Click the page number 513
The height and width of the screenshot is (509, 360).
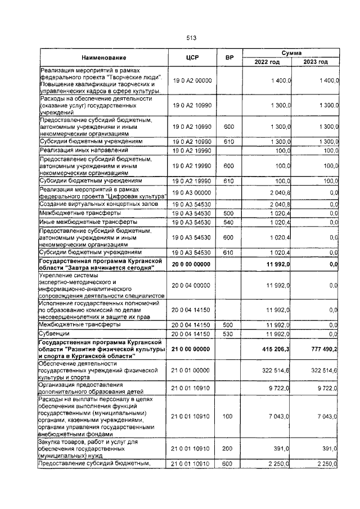(191, 38)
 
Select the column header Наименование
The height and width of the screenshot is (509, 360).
(103, 57)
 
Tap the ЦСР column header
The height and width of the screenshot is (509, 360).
(192, 57)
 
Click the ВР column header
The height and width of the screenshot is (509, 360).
(229, 57)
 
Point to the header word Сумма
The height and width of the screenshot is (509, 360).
(291, 52)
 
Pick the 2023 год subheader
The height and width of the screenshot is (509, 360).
(316, 62)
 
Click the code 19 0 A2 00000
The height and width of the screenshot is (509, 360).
(192, 81)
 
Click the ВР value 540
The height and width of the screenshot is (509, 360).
(229, 238)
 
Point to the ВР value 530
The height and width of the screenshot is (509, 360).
(229, 334)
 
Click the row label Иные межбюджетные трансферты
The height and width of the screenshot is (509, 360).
(81, 238)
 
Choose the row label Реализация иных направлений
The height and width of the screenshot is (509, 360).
(80, 151)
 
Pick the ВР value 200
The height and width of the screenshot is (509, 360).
(229, 448)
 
